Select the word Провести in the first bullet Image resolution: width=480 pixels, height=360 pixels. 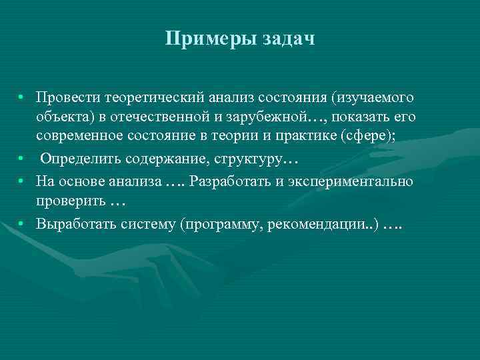pos(68,98)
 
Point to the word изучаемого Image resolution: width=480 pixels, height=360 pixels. pos(374,98)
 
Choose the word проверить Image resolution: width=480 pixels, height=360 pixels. pos(71,201)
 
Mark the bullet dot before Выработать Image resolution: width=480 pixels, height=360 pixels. pos(23,223)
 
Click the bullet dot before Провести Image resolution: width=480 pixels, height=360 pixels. pos(23,97)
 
